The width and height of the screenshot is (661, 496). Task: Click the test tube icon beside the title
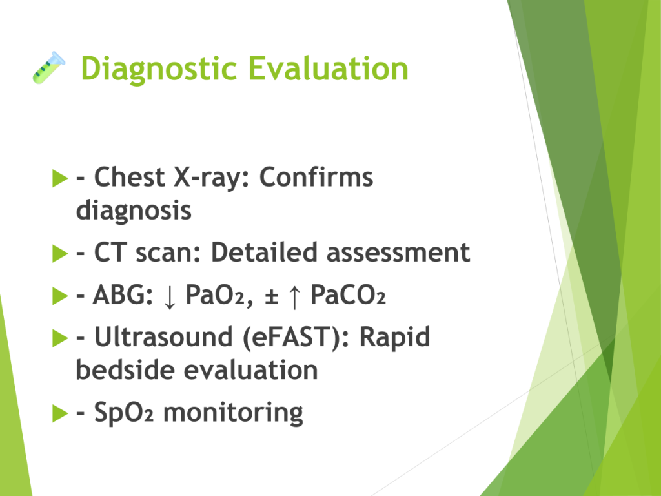[49, 67]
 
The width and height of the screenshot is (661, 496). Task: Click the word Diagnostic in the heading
[159, 69]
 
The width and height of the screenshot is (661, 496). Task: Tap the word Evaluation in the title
[328, 68]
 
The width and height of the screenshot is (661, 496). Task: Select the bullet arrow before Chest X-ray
[60, 178]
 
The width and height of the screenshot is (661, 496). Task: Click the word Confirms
[316, 177]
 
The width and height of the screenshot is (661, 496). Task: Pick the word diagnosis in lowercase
[134, 211]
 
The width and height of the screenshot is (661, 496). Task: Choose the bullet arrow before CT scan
[60, 253]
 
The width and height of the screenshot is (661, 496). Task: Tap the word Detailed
[264, 253]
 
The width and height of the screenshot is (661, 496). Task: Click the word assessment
[398, 253]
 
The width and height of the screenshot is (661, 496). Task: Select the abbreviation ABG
[123, 294]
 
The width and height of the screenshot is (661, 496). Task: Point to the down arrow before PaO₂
[170, 296]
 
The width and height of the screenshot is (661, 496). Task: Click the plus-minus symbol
[272, 296]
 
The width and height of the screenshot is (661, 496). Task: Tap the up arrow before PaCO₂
[294, 296]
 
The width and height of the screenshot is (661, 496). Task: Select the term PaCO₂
[348, 294]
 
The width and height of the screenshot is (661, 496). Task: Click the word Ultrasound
[163, 337]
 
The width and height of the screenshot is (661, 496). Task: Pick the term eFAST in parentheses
[291, 338]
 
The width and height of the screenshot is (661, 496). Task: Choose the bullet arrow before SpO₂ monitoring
[60, 413]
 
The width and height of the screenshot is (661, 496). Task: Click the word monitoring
[233, 413]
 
